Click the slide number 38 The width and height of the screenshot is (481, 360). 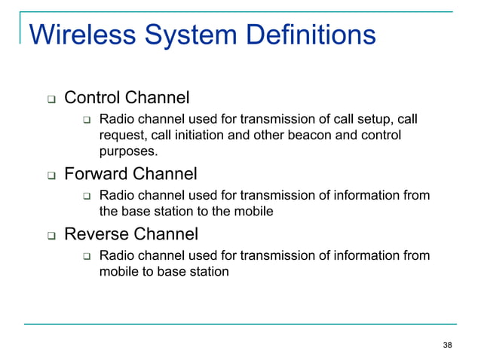(x=448, y=345)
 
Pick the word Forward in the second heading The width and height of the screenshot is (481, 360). (x=96, y=175)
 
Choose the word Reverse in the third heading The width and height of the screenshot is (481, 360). (x=96, y=234)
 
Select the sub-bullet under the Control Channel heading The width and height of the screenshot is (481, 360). (x=87, y=121)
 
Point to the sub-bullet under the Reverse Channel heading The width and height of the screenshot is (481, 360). (x=87, y=257)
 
